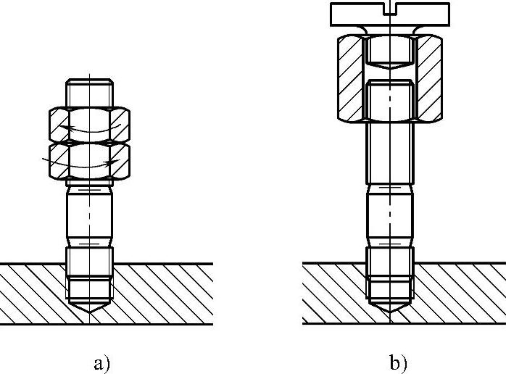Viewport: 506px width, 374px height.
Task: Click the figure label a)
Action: (101, 362)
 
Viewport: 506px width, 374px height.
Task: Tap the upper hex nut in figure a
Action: (89, 124)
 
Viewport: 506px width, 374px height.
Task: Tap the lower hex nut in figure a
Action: (89, 161)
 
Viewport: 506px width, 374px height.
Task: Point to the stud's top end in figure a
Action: (89, 91)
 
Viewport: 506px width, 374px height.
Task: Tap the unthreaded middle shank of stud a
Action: (89, 217)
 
